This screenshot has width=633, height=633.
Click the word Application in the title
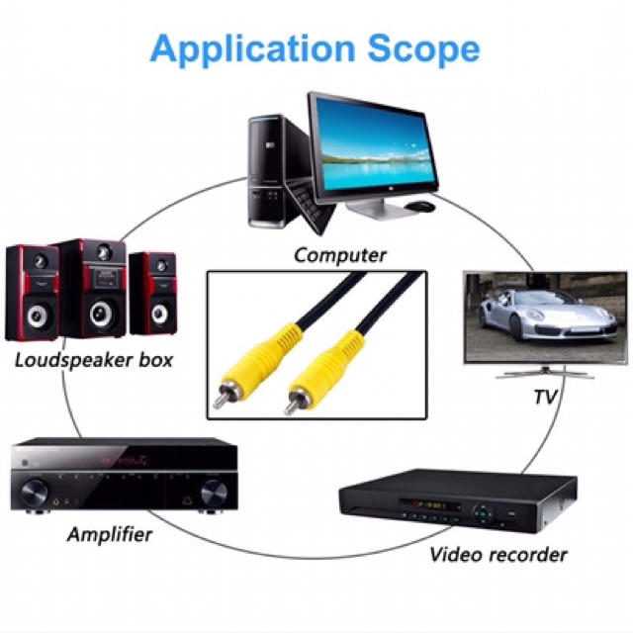click(252, 49)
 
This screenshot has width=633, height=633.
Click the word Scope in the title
click(423, 49)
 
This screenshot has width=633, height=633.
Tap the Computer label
click(339, 255)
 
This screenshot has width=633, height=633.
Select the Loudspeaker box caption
click(94, 360)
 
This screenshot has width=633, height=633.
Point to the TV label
click(545, 397)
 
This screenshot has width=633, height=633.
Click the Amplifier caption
click(110, 534)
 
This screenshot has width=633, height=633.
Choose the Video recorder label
click(498, 554)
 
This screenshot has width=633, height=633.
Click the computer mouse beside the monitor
click(419, 206)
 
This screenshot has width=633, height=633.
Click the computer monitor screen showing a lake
click(373, 147)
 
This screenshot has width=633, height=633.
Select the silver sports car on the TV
click(548, 317)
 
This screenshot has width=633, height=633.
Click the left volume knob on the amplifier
click(35, 492)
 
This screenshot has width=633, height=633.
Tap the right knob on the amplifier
click(214, 494)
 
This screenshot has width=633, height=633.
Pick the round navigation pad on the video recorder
click(484, 513)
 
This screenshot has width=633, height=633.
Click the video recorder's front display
click(429, 505)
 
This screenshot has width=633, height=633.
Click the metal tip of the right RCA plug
click(291, 406)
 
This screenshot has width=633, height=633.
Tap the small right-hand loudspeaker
click(153, 294)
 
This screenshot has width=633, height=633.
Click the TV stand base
click(545, 375)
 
